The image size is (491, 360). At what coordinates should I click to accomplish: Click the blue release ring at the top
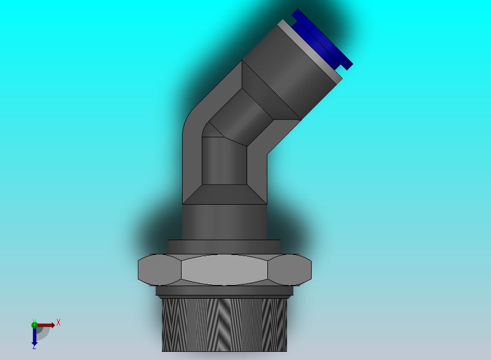click(323, 39)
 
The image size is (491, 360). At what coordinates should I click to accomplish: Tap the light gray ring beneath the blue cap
click(311, 51)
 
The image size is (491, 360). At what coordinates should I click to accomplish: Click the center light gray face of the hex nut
click(224, 269)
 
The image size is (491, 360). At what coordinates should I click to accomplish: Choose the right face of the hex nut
click(290, 269)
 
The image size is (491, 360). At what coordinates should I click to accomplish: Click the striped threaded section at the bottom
click(224, 324)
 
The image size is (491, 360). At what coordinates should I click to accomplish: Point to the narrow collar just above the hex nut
click(224, 247)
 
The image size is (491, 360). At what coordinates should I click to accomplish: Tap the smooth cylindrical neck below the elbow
click(224, 222)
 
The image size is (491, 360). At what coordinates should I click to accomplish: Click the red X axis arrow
click(46, 325)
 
